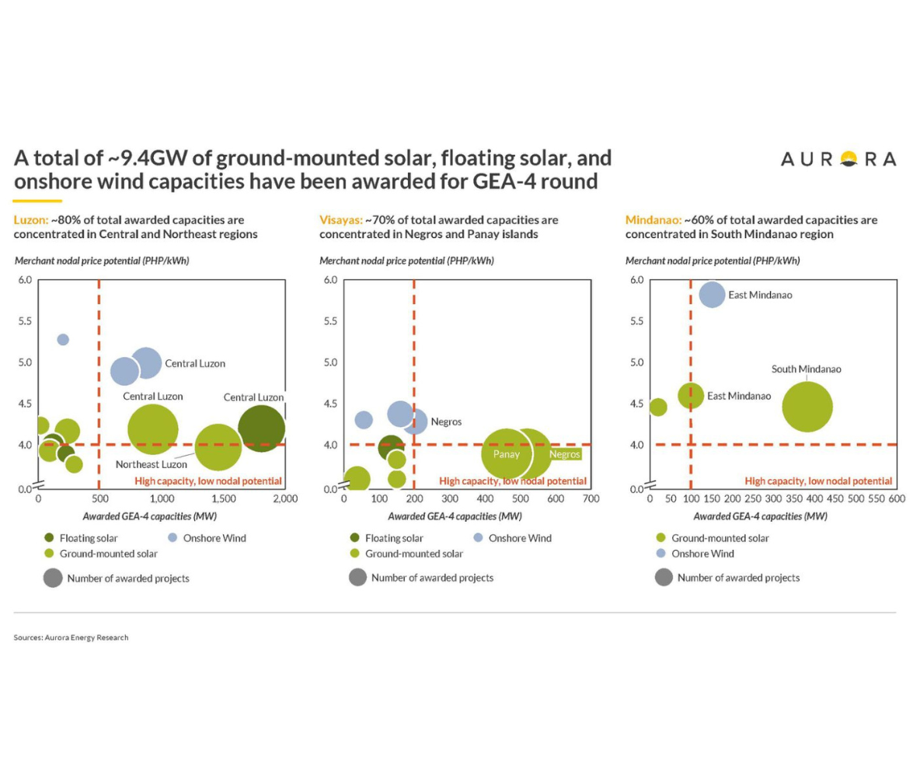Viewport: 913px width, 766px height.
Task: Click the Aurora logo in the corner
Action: pyautogui.click(x=838, y=159)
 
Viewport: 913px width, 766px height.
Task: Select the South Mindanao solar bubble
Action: pyautogui.click(x=807, y=406)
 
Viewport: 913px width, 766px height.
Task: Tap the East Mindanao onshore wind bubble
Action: pyautogui.click(x=712, y=295)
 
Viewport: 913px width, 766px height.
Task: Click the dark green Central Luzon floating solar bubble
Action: pyautogui.click(x=261, y=428)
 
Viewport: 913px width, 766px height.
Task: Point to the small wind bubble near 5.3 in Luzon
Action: pyautogui.click(x=63, y=339)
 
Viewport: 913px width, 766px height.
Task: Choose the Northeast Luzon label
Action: pyautogui.click(x=148, y=464)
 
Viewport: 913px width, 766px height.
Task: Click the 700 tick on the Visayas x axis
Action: pyautogui.click(x=591, y=498)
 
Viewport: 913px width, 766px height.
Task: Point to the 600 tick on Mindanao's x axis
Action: pyautogui.click(x=897, y=498)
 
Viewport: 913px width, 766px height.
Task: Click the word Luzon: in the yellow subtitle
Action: pyautogui.click(x=30, y=220)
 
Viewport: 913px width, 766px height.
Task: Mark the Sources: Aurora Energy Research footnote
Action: pyautogui.click(x=71, y=638)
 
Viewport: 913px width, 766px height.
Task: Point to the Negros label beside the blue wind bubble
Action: pyautogui.click(x=447, y=421)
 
